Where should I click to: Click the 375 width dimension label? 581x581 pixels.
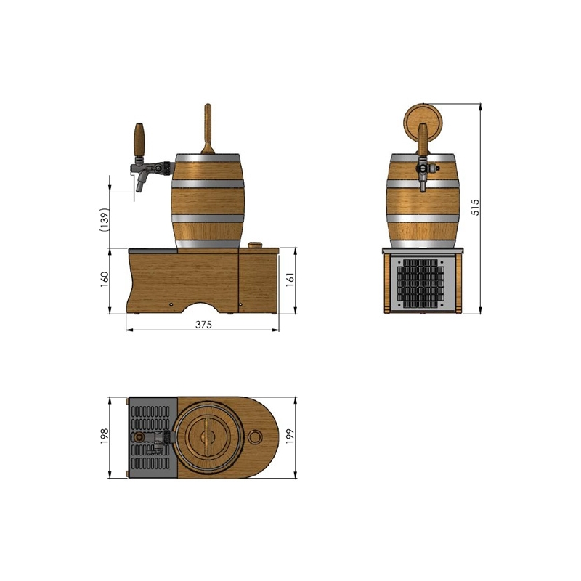(203, 325)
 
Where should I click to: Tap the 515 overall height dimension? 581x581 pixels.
(475, 207)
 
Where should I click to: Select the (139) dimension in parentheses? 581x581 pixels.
(105, 220)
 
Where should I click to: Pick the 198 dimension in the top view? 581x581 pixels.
(105, 436)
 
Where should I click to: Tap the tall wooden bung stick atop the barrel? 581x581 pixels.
(208, 129)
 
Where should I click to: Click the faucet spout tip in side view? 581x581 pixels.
(138, 189)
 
